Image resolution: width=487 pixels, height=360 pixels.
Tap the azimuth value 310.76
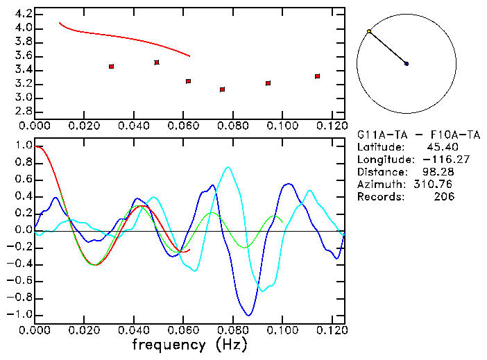click(438, 185)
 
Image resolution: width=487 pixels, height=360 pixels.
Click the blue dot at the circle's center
click(407, 64)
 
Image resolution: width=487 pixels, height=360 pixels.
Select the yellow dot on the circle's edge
click(369, 31)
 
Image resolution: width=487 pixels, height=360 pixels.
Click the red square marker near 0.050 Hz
click(157, 62)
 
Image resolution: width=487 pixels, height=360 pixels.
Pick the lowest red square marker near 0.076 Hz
click(222, 89)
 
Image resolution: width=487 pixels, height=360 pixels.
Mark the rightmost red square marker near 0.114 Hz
click(317, 76)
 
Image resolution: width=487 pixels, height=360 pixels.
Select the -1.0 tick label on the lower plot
click(19, 314)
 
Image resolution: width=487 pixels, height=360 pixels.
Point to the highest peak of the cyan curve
click(227, 167)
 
